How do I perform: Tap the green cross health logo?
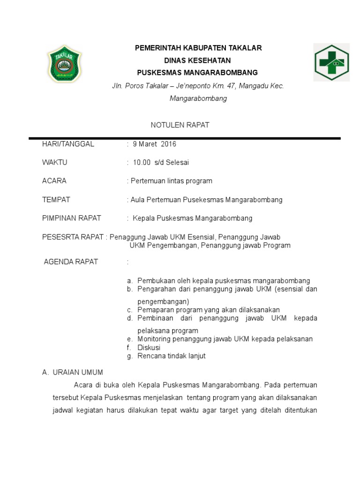click(x=331, y=62)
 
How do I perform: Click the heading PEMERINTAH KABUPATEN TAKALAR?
click(x=198, y=48)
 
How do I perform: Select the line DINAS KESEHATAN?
click(x=197, y=60)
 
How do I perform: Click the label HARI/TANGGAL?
click(x=68, y=144)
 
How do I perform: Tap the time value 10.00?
click(x=142, y=162)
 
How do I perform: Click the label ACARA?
click(x=54, y=180)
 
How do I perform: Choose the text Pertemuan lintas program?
click(x=171, y=180)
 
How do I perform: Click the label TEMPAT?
click(x=56, y=199)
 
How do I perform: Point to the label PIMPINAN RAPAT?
click(x=72, y=218)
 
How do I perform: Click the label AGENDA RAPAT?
click(x=71, y=262)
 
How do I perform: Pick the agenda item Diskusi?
click(x=149, y=347)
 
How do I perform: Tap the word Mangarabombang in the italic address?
click(x=198, y=98)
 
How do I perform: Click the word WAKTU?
click(x=55, y=162)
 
